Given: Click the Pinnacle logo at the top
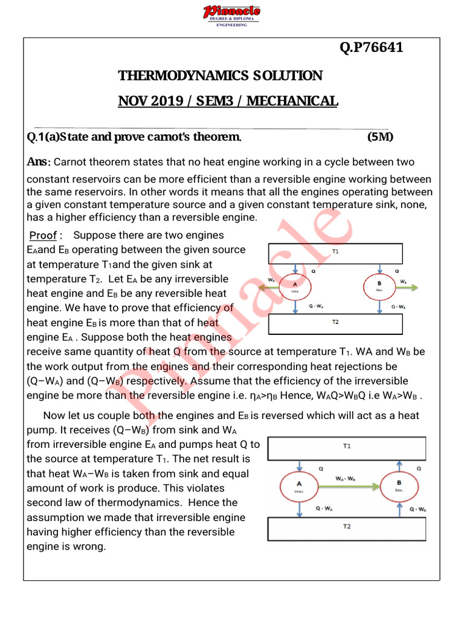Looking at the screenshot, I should pos(231,15).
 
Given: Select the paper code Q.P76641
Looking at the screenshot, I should pos(371,48).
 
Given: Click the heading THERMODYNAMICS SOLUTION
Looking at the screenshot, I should pos(220,76).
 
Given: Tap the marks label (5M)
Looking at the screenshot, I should pos(380,137).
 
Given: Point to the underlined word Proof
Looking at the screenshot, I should pos(43,235).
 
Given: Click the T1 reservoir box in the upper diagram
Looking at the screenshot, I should pos(335,252).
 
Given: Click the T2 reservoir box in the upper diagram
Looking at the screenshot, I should pos(335,324).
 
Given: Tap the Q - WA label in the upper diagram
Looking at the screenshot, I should pos(314,306).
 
